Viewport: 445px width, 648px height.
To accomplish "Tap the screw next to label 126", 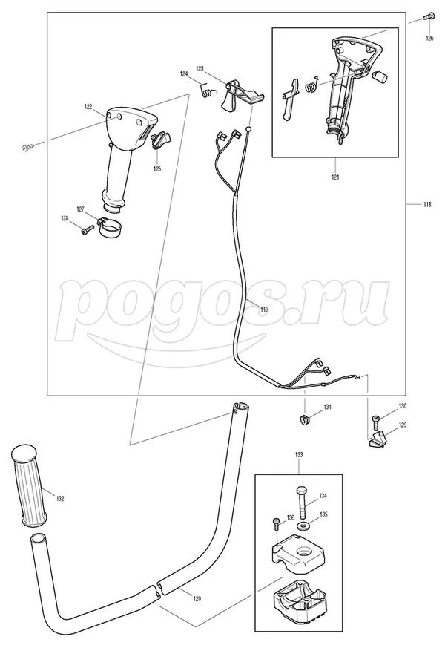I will coord(428,16).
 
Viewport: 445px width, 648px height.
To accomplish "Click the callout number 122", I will coord(88,107).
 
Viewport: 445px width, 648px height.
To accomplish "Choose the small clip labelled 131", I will coord(304,422).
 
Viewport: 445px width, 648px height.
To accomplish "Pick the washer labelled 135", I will coord(303,526).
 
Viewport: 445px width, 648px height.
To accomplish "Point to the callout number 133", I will coord(299,454).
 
